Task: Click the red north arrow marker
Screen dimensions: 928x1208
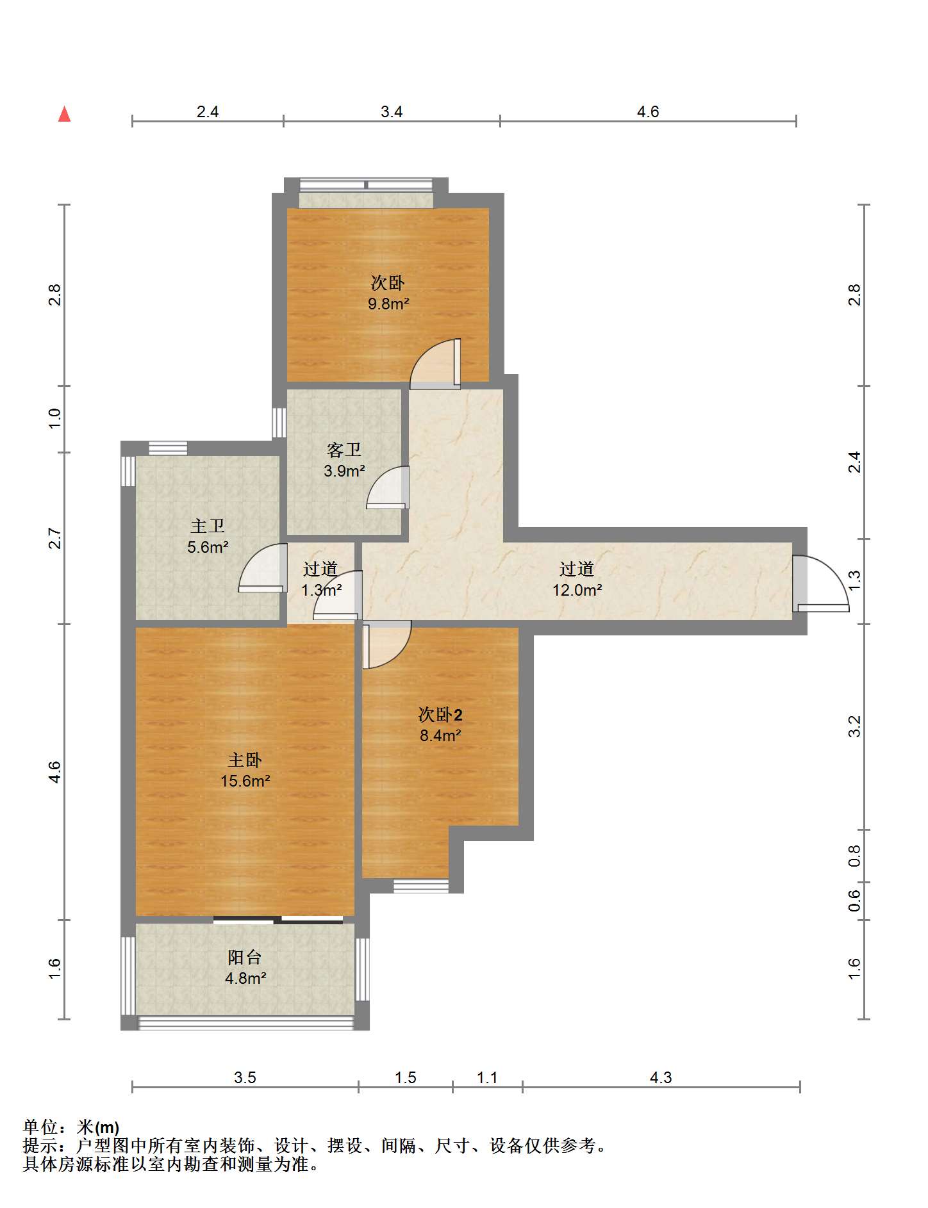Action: (64, 114)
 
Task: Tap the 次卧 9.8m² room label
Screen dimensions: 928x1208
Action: (388, 293)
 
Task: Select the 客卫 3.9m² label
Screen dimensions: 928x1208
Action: (344, 461)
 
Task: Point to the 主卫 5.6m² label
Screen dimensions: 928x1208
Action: (208, 537)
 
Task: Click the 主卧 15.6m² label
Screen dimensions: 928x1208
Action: (245, 771)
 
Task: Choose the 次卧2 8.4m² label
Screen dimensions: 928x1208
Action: (440, 725)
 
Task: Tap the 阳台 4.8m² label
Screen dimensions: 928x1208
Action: (245, 968)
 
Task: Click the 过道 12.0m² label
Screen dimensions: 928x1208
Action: (577, 580)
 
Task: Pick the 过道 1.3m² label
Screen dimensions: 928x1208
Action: (320, 580)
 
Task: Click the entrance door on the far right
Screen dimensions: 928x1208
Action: (820, 583)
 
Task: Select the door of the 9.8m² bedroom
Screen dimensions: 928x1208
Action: (436, 364)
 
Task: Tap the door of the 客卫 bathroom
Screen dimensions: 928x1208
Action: (388, 488)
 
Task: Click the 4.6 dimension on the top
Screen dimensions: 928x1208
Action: (648, 112)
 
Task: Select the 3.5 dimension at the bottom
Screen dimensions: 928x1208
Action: (245, 1078)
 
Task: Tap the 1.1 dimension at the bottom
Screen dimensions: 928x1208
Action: (487, 1078)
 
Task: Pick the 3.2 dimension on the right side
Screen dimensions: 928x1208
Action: (854, 727)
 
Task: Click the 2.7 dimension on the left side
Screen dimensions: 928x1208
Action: (55, 538)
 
